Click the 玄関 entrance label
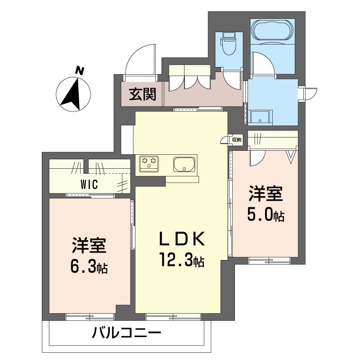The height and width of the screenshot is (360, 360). pyautogui.click(x=142, y=94)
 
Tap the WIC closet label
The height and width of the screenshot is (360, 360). pyautogui.click(x=89, y=184)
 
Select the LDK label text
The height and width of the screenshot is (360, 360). pyautogui.click(x=182, y=239)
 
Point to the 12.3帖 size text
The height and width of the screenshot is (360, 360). pyautogui.click(x=182, y=260)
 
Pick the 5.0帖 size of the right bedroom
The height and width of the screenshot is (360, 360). pyautogui.click(x=265, y=215)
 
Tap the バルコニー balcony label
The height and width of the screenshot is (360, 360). pyautogui.click(x=126, y=333)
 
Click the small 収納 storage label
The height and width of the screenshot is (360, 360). pyautogui.click(x=237, y=139)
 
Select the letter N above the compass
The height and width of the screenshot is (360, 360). pyautogui.click(x=80, y=71)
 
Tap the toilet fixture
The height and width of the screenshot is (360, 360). pyautogui.click(x=229, y=44)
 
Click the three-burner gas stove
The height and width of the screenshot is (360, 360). pyautogui.click(x=149, y=164)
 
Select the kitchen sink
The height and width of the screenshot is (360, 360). pyautogui.click(x=184, y=164)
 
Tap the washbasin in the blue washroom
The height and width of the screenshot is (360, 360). pyautogui.click(x=260, y=118)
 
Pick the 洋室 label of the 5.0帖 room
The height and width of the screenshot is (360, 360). pyautogui.click(x=265, y=193)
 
